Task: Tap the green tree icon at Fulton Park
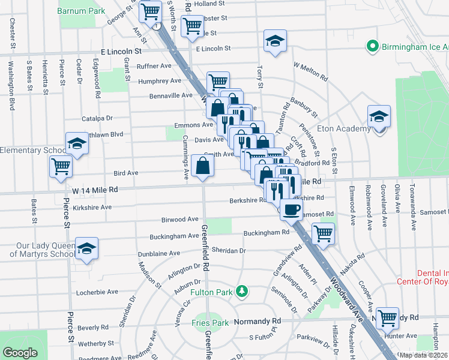click(x=241, y=292)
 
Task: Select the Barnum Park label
click(x=82, y=11)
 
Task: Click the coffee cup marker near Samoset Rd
click(x=292, y=209)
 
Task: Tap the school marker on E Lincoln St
click(x=276, y=41)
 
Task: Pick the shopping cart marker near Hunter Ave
click(x=387, y=317)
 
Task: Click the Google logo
click(x=20, y=353)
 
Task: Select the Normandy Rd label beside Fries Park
click(x=257, y=322)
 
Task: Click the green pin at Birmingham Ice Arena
click(x=372, y=46)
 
